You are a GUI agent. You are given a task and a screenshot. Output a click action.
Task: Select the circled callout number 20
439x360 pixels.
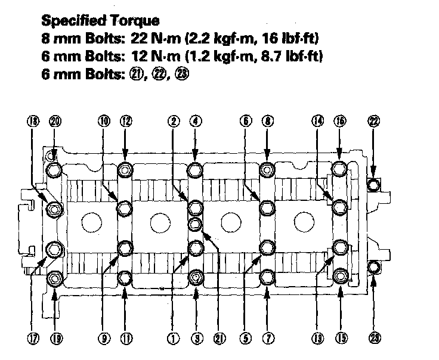tap(55, 121)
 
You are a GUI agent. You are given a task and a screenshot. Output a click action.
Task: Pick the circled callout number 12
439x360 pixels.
tap(125, 121)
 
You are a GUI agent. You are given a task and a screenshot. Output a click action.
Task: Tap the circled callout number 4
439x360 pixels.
tap(195, 121)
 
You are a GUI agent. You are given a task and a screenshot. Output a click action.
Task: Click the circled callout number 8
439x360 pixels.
tap(267, 121)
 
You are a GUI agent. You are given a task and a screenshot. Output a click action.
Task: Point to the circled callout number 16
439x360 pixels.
tap(339, 121)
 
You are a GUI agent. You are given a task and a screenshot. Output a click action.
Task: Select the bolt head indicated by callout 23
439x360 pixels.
tap(373, 266)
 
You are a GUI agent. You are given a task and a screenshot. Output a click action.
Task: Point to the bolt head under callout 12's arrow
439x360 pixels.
tap(125, 170)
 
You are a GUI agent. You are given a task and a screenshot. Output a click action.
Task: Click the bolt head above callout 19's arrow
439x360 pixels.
tap(55, 278)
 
